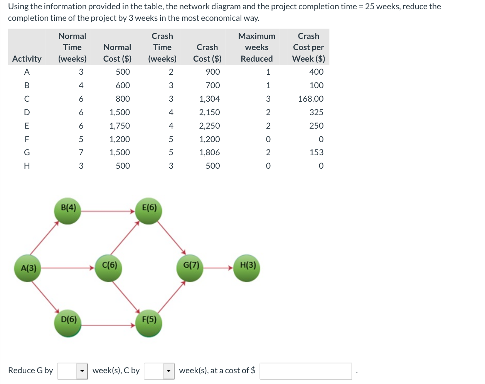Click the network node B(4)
68,211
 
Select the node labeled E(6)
149,211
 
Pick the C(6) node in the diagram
109,268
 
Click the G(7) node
190,268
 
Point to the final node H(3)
247,268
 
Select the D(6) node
68,323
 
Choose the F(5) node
149,323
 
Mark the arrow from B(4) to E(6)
108,211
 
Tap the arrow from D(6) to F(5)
108,325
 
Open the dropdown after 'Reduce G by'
72,371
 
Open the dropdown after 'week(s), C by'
159,371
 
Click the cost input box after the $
306,371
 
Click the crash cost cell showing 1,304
209,99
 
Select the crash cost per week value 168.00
311,99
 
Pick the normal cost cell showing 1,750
120,126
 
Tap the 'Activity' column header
27,59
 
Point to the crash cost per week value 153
316,153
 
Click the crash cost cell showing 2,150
209,112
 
